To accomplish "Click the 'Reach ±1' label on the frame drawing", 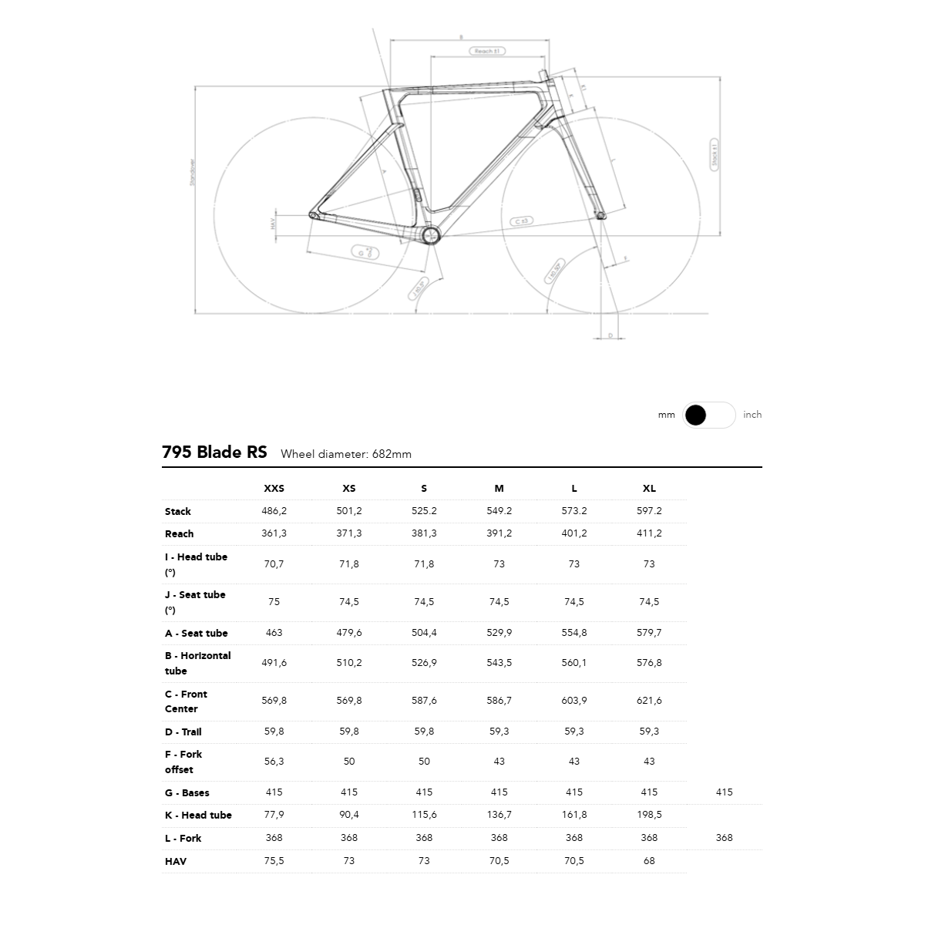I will pos(487,51).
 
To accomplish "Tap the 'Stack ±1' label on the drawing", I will pos(715,154).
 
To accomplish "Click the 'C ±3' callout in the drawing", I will pos(522,221).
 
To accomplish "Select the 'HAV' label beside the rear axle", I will pos(273,224).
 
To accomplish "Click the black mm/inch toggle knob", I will pos(695,415).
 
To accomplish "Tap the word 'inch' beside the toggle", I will pos(752,415).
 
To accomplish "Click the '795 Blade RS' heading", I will pos(214,452).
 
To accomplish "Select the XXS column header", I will pos(274,488).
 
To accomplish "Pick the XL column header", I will pos(649,488).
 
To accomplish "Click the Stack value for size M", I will pos(499,510).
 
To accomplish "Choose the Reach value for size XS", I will pos(349,533).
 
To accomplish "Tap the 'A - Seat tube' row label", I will pos(196,633).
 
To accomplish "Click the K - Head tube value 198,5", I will pos(649,814).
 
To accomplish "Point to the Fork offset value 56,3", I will pos(274,761).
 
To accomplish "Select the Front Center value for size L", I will pos(574,700).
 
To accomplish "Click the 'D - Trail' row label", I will pos(183,732).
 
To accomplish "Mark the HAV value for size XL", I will pos(649,860).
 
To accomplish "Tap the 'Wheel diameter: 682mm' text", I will pos(346,454).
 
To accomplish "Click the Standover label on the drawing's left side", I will pos(193,172).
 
